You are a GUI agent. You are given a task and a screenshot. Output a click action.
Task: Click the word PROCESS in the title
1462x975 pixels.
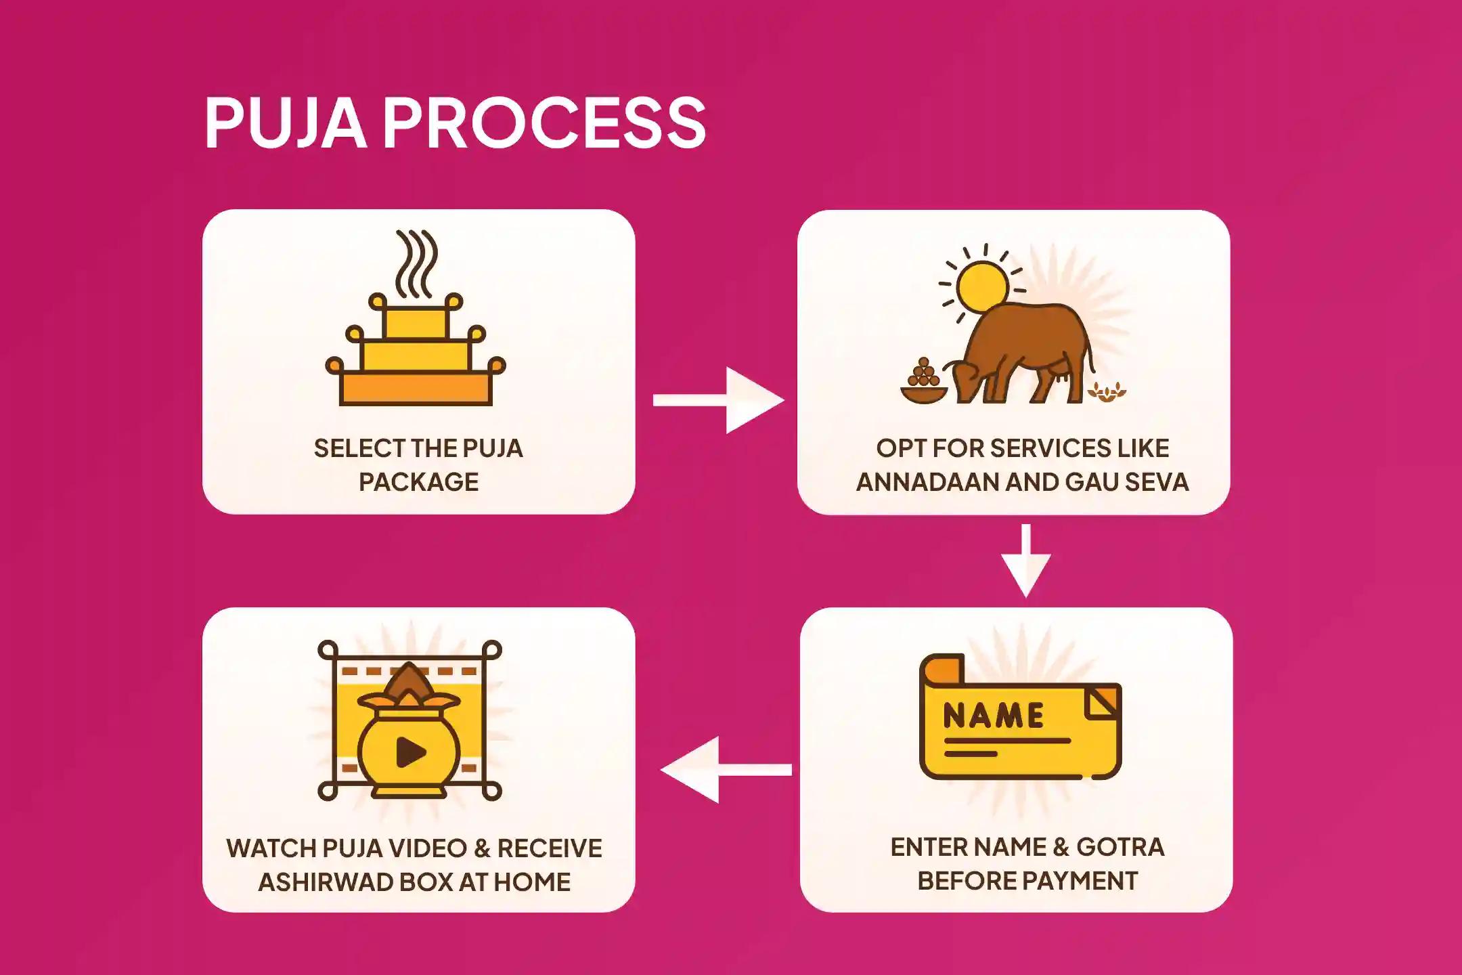[x=545, y=123]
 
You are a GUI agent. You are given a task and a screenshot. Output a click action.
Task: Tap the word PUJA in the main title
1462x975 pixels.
[x=285, y=123]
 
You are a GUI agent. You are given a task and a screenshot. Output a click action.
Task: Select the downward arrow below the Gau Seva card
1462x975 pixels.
[x=1026, y=560]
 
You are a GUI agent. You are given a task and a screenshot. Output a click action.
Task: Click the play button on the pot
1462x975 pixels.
[x=410, y=752]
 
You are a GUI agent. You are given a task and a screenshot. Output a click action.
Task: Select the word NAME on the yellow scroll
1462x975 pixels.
[x=994, y=716]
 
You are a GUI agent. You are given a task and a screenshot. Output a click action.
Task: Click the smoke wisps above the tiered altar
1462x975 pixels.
[x=416, y=264]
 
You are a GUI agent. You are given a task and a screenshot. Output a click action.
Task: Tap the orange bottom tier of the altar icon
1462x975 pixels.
[x=416, y=389]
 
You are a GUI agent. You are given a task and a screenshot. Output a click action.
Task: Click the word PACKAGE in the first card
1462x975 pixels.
[x=418, y=482]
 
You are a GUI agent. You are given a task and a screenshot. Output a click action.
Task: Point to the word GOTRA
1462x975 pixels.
[x=1120, y=847]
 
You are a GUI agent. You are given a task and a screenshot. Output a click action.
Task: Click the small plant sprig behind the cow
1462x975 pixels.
[x=1107, y=391]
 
